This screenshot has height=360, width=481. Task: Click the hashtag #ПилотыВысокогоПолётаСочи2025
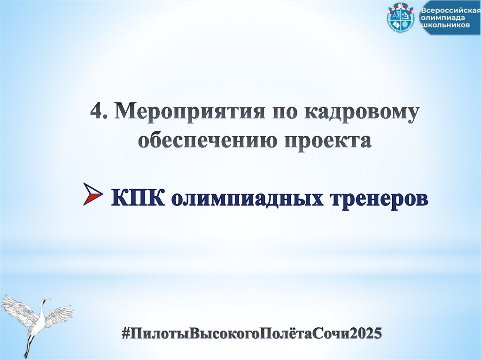pos(251,334)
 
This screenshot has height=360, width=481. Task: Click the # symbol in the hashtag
pos(125,334)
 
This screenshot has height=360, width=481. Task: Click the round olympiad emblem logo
pos(401,19)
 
